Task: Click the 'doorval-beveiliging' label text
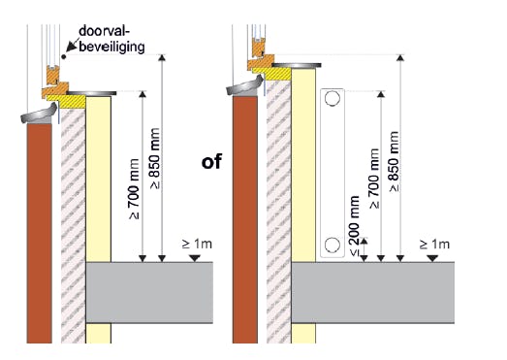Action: pyautogui.click(x=111, y=39)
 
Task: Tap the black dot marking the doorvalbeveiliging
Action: pyautogui.click(x=64, y=57)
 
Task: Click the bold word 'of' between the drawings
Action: pyautogui.click(x=211, y=161)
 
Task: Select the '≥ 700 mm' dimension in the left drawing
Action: pyautogui.click(x=134, y=189)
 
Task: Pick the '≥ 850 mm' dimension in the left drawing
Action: pyautogui.click(x=155, y=158)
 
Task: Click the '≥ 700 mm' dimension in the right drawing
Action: pyautogui.click(x=373, y=179)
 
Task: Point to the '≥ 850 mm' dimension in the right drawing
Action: pyautogui.click(x=394, y=161)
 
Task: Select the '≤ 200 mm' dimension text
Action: pyautogui.click(x=355, y=226)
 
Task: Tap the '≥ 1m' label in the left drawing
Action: pyautogui.click(x=197, y=244)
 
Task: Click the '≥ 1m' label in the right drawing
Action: pyautogui.click(x=434, y=244)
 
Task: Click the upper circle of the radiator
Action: pyautogui.click(x=333, y=98)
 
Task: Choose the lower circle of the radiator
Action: pyautogui.click(x=333, y=245)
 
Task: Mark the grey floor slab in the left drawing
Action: pyautogui.click(x=149, y=293)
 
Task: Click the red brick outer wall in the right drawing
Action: pyautogui.click(x=245, y=219)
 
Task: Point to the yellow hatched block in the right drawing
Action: pyautogui.click(x=271, y=74)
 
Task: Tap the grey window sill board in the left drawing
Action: pyautogui.click(x=91, y=93)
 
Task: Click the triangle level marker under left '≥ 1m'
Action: pyautogui.click(x=194, y=258)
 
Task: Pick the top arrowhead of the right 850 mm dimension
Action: pyautogui.click(x=400, y=57)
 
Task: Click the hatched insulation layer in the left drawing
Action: pyautogui.click(x=74, y=226)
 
